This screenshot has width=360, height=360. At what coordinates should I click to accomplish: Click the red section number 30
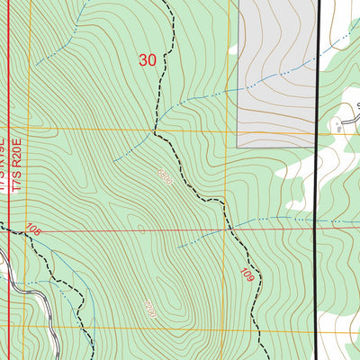tap(148, 59)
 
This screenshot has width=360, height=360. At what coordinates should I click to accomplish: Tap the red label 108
tap(34, 230)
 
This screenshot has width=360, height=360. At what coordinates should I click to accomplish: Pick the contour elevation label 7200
tap(148, 309)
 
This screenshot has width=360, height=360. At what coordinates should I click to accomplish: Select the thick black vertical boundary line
tap(317, 180)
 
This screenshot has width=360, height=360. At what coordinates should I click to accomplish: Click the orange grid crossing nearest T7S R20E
tap(30, 129)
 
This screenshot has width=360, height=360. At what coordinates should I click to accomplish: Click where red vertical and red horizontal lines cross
tap(8, 230)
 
